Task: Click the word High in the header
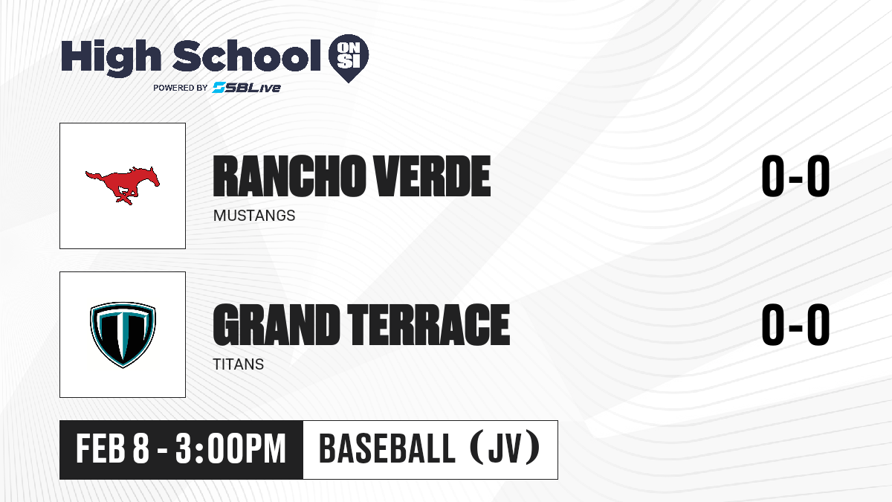pyautogui.click(x=111, y=57)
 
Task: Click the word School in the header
pyautogui.click(x=247, y=55)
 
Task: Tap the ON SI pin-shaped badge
pyautogui.click(x=349, y=57)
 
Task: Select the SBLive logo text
pyautogui.click(x=247, y=88)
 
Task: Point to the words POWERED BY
pyautogui.click(x=180, y=88)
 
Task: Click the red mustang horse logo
pyautogui.click(x=123, y=185)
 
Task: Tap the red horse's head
pyautogui.click(x=149, y=176)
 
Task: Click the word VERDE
pyautogui.click(x=433, y=176)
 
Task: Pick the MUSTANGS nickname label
pyautogui.click(x=254, y=216)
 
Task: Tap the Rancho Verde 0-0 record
pyautogui.click(x=795, y=176)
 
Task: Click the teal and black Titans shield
pyautogui.click(x=123, y=335)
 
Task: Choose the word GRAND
pyautogui.click(x=276, y=324)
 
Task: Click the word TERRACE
pyautogui.click(x=428, y=324)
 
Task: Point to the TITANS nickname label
pyautogui.click(x=238, y=364)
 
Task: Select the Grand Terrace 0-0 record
pyautogui.click(x=795, y=324)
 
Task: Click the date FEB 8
pyautogui.click(x=113, y=449)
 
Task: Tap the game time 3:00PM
pyautogui.click(x=230, y=449)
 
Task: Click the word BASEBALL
pyautogui.click(x=387, y=449)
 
